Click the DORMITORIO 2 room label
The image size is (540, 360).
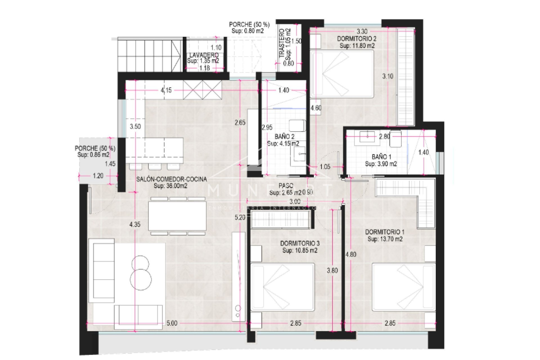[x=357, y=39]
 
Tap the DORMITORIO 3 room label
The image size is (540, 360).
[x=300, y=243]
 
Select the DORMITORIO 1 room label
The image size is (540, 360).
[x=384, y=232]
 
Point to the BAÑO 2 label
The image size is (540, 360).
[x=284, y=137]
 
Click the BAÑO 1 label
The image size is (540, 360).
[x=381, y=157]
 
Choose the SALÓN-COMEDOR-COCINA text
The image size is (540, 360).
[x=171, y=179]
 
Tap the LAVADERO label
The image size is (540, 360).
[x=204, y=55]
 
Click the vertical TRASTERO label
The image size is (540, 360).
[x=282, y=44]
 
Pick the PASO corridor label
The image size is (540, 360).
[x=286, y=186]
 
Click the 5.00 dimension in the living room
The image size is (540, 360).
[x=172, y=323]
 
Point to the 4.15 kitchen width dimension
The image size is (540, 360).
[x=166, y=90]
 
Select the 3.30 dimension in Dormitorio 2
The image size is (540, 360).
[x=362, y=31]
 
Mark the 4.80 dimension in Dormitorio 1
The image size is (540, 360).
[x=351, y=254]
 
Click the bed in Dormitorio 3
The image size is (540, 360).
[x=282, y=287]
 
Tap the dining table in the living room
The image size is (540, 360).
[x=177, y=216]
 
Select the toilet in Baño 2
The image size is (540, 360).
[x=298, y=126]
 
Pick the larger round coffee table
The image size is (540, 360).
[x=141, y=280]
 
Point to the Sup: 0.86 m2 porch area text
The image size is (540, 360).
[x=93, y=155]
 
